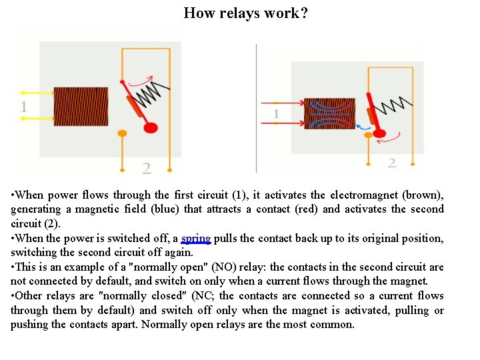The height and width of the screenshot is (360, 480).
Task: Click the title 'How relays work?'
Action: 245,13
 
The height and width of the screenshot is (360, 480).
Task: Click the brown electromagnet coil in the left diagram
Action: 81,107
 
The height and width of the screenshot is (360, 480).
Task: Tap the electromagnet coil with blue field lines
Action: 329,113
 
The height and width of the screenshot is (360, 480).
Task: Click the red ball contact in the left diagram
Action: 151,127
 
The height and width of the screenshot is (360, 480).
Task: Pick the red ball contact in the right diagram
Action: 379,133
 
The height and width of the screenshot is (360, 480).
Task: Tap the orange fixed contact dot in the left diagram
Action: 122,133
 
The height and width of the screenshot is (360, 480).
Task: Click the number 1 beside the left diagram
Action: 24,107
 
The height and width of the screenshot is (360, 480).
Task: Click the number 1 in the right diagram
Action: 275,115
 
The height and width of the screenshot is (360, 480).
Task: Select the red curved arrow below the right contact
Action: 393,139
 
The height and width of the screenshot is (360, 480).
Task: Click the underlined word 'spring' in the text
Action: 195,238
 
